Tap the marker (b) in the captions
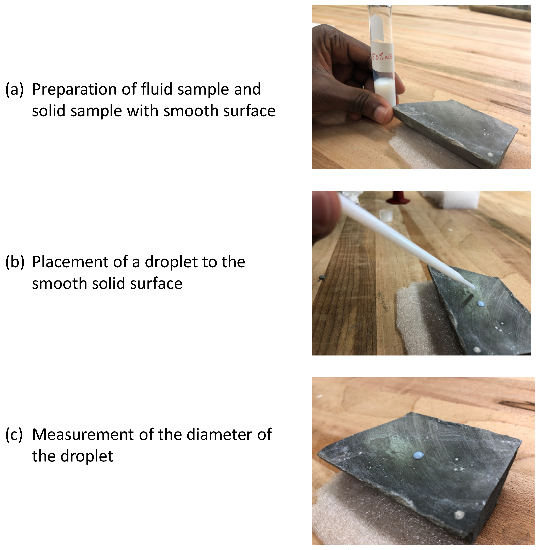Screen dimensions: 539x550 coord(14,262)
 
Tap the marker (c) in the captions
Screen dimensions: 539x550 coord(14,435)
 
